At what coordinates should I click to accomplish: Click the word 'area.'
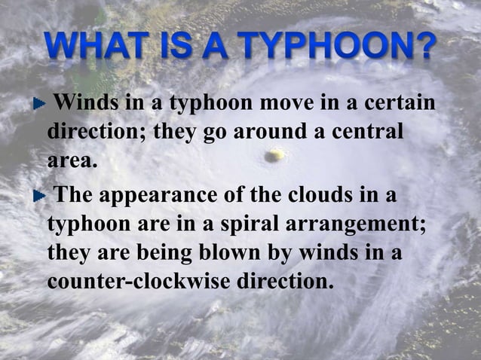pyautogui.click(x=72, y=160)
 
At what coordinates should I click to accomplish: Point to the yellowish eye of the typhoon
pyautogui.click(x=276, y=154)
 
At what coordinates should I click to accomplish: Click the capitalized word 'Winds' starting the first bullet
pyautogui.click(x=84, y=103)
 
